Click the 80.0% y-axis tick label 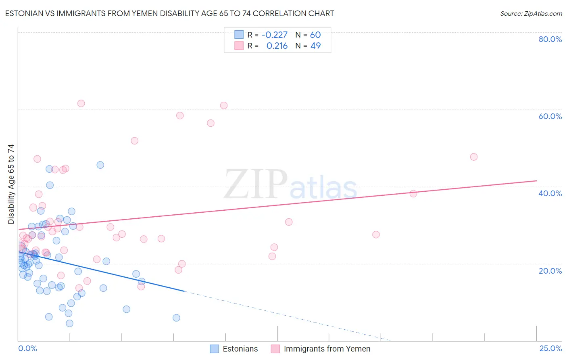(x=550, y=39)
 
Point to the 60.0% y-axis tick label (x=550, y=116)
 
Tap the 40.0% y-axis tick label (x=550, y=193)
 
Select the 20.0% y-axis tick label (x=550, y=271)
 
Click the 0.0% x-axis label (x=27, y=348)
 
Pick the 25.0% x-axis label (x=550, y=348)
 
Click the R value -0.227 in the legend (x=275, y=35)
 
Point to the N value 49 (x=315, y=46)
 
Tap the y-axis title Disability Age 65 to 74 (x=11, y=184)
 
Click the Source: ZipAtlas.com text (x=531, y=13)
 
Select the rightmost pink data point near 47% (x=474, y=157)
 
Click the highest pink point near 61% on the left (x=81, y=103)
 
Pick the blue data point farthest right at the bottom (x=176, y=318)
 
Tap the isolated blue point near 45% (x=100, y=165)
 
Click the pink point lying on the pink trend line (x=413, y=194)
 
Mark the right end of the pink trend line (x=536, y=181)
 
